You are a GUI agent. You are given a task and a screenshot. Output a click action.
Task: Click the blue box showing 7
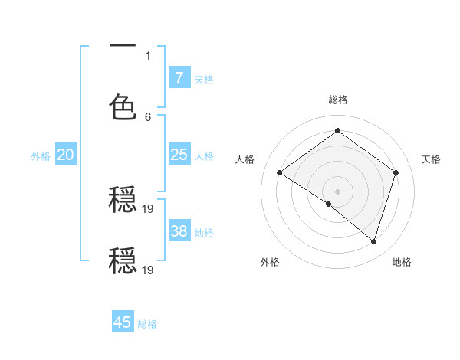tap(179, 77)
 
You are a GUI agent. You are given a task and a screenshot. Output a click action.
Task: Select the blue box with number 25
tap(179, 155)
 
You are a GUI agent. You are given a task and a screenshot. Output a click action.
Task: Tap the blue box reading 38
tap(179, 231)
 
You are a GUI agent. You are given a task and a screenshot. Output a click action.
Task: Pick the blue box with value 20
tap(65, 155)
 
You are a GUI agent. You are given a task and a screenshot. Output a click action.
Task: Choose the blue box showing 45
tap(123, 322)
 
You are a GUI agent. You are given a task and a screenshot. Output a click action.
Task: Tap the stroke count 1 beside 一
tap(148, 55)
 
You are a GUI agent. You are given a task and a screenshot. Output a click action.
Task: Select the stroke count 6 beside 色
tap(148, 116)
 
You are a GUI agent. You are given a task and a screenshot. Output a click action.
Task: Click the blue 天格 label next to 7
tap(204, 79)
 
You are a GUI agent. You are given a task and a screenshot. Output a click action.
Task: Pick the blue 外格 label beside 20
tap(41, 156)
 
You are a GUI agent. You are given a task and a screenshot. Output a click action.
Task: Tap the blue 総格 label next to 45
tap(147, 324)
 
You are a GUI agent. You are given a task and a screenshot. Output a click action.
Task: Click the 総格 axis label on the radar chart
tap(337, 100)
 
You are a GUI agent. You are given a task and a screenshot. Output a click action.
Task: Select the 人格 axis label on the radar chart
tap(245, 159)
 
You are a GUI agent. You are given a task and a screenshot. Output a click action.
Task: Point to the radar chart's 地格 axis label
tap(402, 262)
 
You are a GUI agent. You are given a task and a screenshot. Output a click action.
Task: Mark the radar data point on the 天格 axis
tap(396, 173)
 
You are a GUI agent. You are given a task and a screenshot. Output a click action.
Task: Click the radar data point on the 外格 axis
tap(329, 204)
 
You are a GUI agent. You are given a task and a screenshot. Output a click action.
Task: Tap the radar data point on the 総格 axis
tap(337, 131)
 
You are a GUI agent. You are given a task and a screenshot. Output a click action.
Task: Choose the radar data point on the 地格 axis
tap(373, 241)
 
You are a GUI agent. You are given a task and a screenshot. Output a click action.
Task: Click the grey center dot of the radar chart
tap(337, 191)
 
